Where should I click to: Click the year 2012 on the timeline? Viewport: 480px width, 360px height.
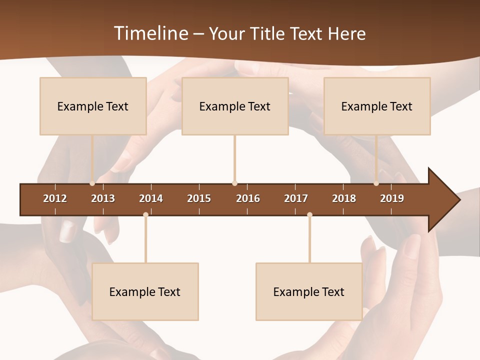point(55,198)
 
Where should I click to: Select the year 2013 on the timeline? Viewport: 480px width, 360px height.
point(103,198)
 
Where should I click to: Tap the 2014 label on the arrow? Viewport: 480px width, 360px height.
point(151,198)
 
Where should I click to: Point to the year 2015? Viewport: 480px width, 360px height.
point(199,198)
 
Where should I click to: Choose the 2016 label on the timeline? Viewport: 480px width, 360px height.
point(248,198)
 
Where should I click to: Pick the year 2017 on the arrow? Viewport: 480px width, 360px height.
point(296,198)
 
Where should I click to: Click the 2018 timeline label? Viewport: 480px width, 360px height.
point(344,198)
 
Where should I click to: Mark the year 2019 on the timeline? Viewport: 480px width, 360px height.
point(392,198)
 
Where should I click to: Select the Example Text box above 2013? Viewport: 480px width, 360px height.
point(93,106)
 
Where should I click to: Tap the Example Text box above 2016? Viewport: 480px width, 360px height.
point(235,106)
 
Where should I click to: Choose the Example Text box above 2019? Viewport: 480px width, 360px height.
point(377,106)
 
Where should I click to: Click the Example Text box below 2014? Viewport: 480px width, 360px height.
point(145,291)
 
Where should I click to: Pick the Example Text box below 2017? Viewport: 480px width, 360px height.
point(309,291)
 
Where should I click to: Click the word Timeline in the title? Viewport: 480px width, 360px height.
point(150,33)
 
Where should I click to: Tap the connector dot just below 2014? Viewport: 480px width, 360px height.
point(145,214)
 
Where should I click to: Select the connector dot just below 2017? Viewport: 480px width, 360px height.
point(309,214)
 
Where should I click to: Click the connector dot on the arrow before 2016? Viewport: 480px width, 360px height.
point(234,183)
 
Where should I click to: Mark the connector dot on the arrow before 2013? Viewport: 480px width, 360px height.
point(92,183)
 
